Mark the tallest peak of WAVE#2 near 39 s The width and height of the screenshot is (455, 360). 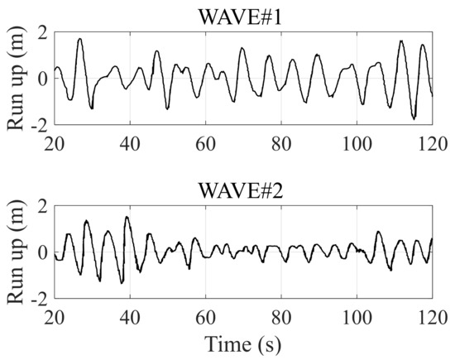127,218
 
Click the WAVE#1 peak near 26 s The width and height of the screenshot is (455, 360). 80,39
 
